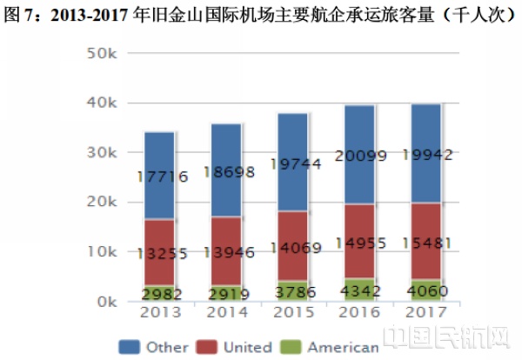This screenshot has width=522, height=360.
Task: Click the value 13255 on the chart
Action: (x=162, y=253)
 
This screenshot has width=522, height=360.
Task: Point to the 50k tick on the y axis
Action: (x=102, y=54)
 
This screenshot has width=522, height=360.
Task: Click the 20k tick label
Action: (x=102, y=203)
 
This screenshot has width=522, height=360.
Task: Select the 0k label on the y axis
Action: (x=105, y=302)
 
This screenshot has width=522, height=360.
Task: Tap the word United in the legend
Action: (x=248, y=347)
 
